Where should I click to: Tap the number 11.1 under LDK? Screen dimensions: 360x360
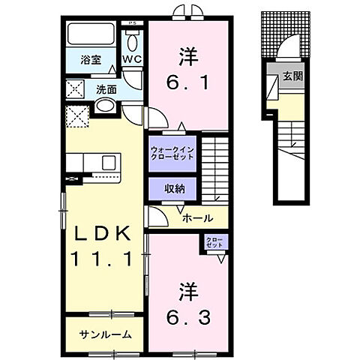(x=103, y=259)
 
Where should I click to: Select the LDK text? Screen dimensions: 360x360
(x=103, y=233)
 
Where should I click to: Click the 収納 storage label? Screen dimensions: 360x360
(x=175, y=188)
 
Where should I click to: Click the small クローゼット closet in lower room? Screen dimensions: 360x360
(x=215, y=243)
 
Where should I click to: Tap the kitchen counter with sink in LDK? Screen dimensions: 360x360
(x=93, y=163)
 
